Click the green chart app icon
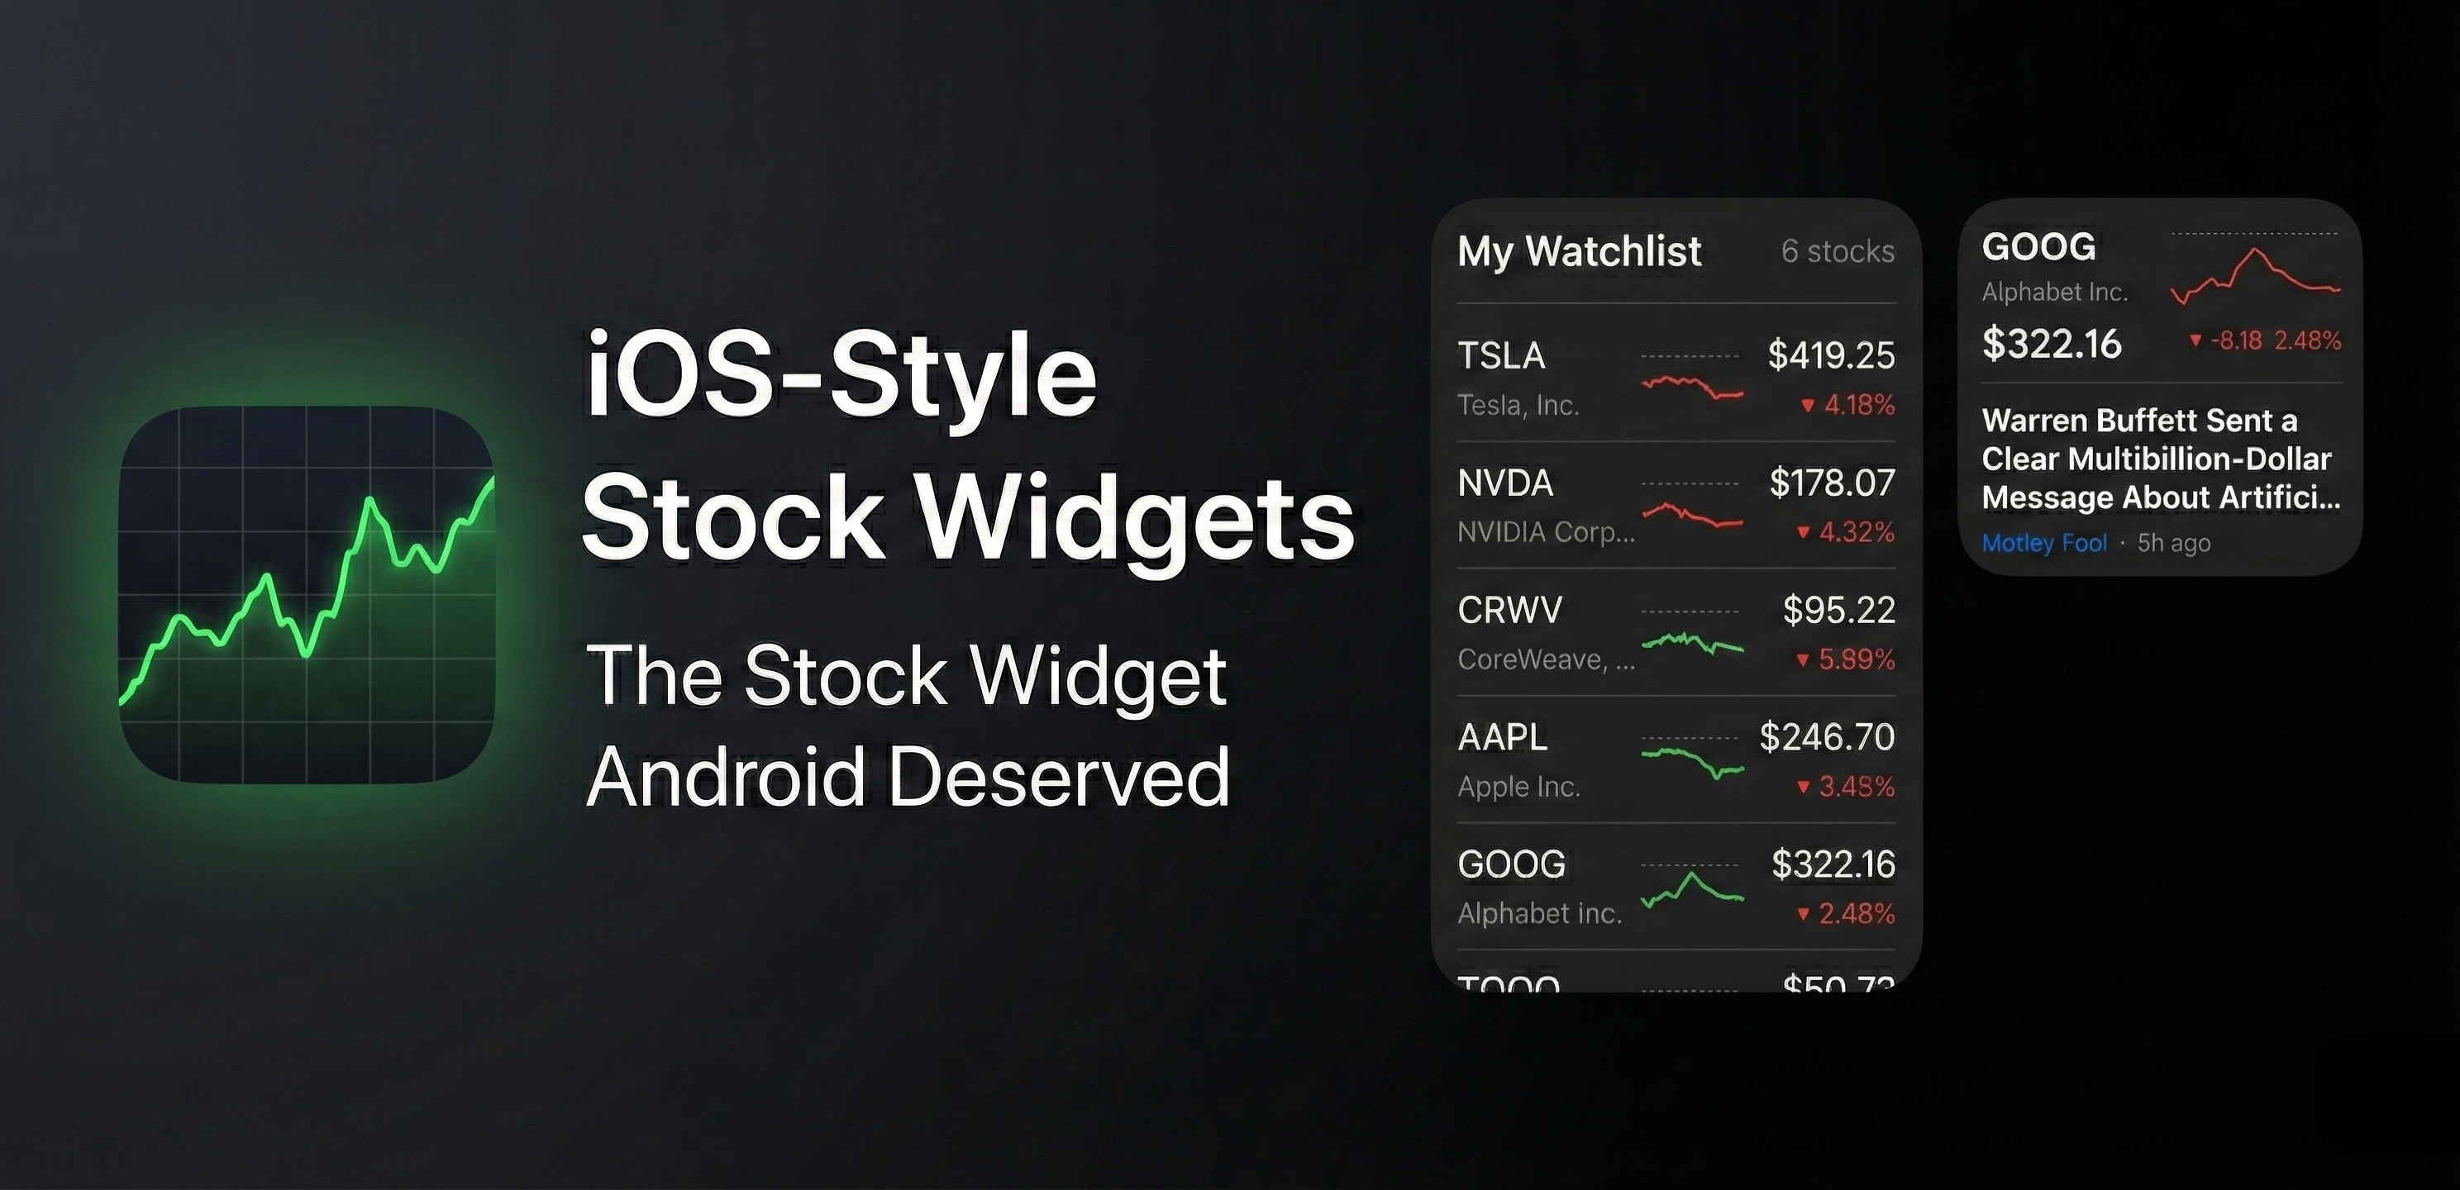pos(307,594)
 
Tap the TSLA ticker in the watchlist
pos(1500,355)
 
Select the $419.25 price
pos(1831,355)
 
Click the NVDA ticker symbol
pos(1504,483)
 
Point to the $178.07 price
pos(1832,483)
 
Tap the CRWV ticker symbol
pos(1509,610)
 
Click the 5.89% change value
pos(1856,659)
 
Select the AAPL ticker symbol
pos(1502,737)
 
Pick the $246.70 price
pos(1827,737)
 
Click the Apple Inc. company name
pos(1518,787)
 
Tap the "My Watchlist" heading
pos(1579,251)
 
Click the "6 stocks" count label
pos(1838,251)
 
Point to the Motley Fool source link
pos(2043,544)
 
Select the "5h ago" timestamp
pos(2173,544)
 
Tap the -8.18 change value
pos(2236,341)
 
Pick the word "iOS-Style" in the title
pos(841,374)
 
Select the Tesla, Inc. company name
pos(1518,406)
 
